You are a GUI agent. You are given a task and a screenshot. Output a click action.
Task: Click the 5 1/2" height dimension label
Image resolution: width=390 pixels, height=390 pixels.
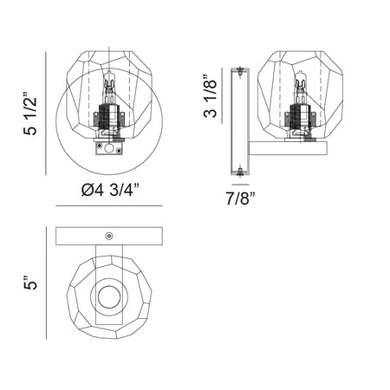30,114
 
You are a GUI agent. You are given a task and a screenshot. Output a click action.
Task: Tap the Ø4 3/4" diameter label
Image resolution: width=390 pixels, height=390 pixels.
110,191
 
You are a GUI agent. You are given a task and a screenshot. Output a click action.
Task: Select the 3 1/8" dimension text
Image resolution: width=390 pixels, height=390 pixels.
210,96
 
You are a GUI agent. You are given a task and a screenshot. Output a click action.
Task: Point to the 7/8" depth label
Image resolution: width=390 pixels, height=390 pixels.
241,198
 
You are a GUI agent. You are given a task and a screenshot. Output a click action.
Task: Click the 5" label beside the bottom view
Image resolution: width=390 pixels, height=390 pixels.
30,283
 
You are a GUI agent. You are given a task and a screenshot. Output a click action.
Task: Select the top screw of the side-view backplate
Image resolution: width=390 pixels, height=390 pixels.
239,71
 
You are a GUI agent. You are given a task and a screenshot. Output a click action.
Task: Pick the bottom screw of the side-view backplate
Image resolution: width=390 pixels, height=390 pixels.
239,171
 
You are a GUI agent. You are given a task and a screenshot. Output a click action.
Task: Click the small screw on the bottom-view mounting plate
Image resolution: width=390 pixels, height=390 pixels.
109,236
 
